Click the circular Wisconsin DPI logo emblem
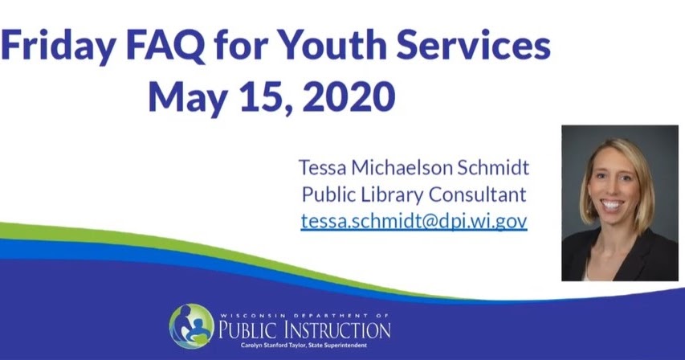191,325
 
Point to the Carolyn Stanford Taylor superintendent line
304,344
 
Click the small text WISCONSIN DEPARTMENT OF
304,316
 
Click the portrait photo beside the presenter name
619,202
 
